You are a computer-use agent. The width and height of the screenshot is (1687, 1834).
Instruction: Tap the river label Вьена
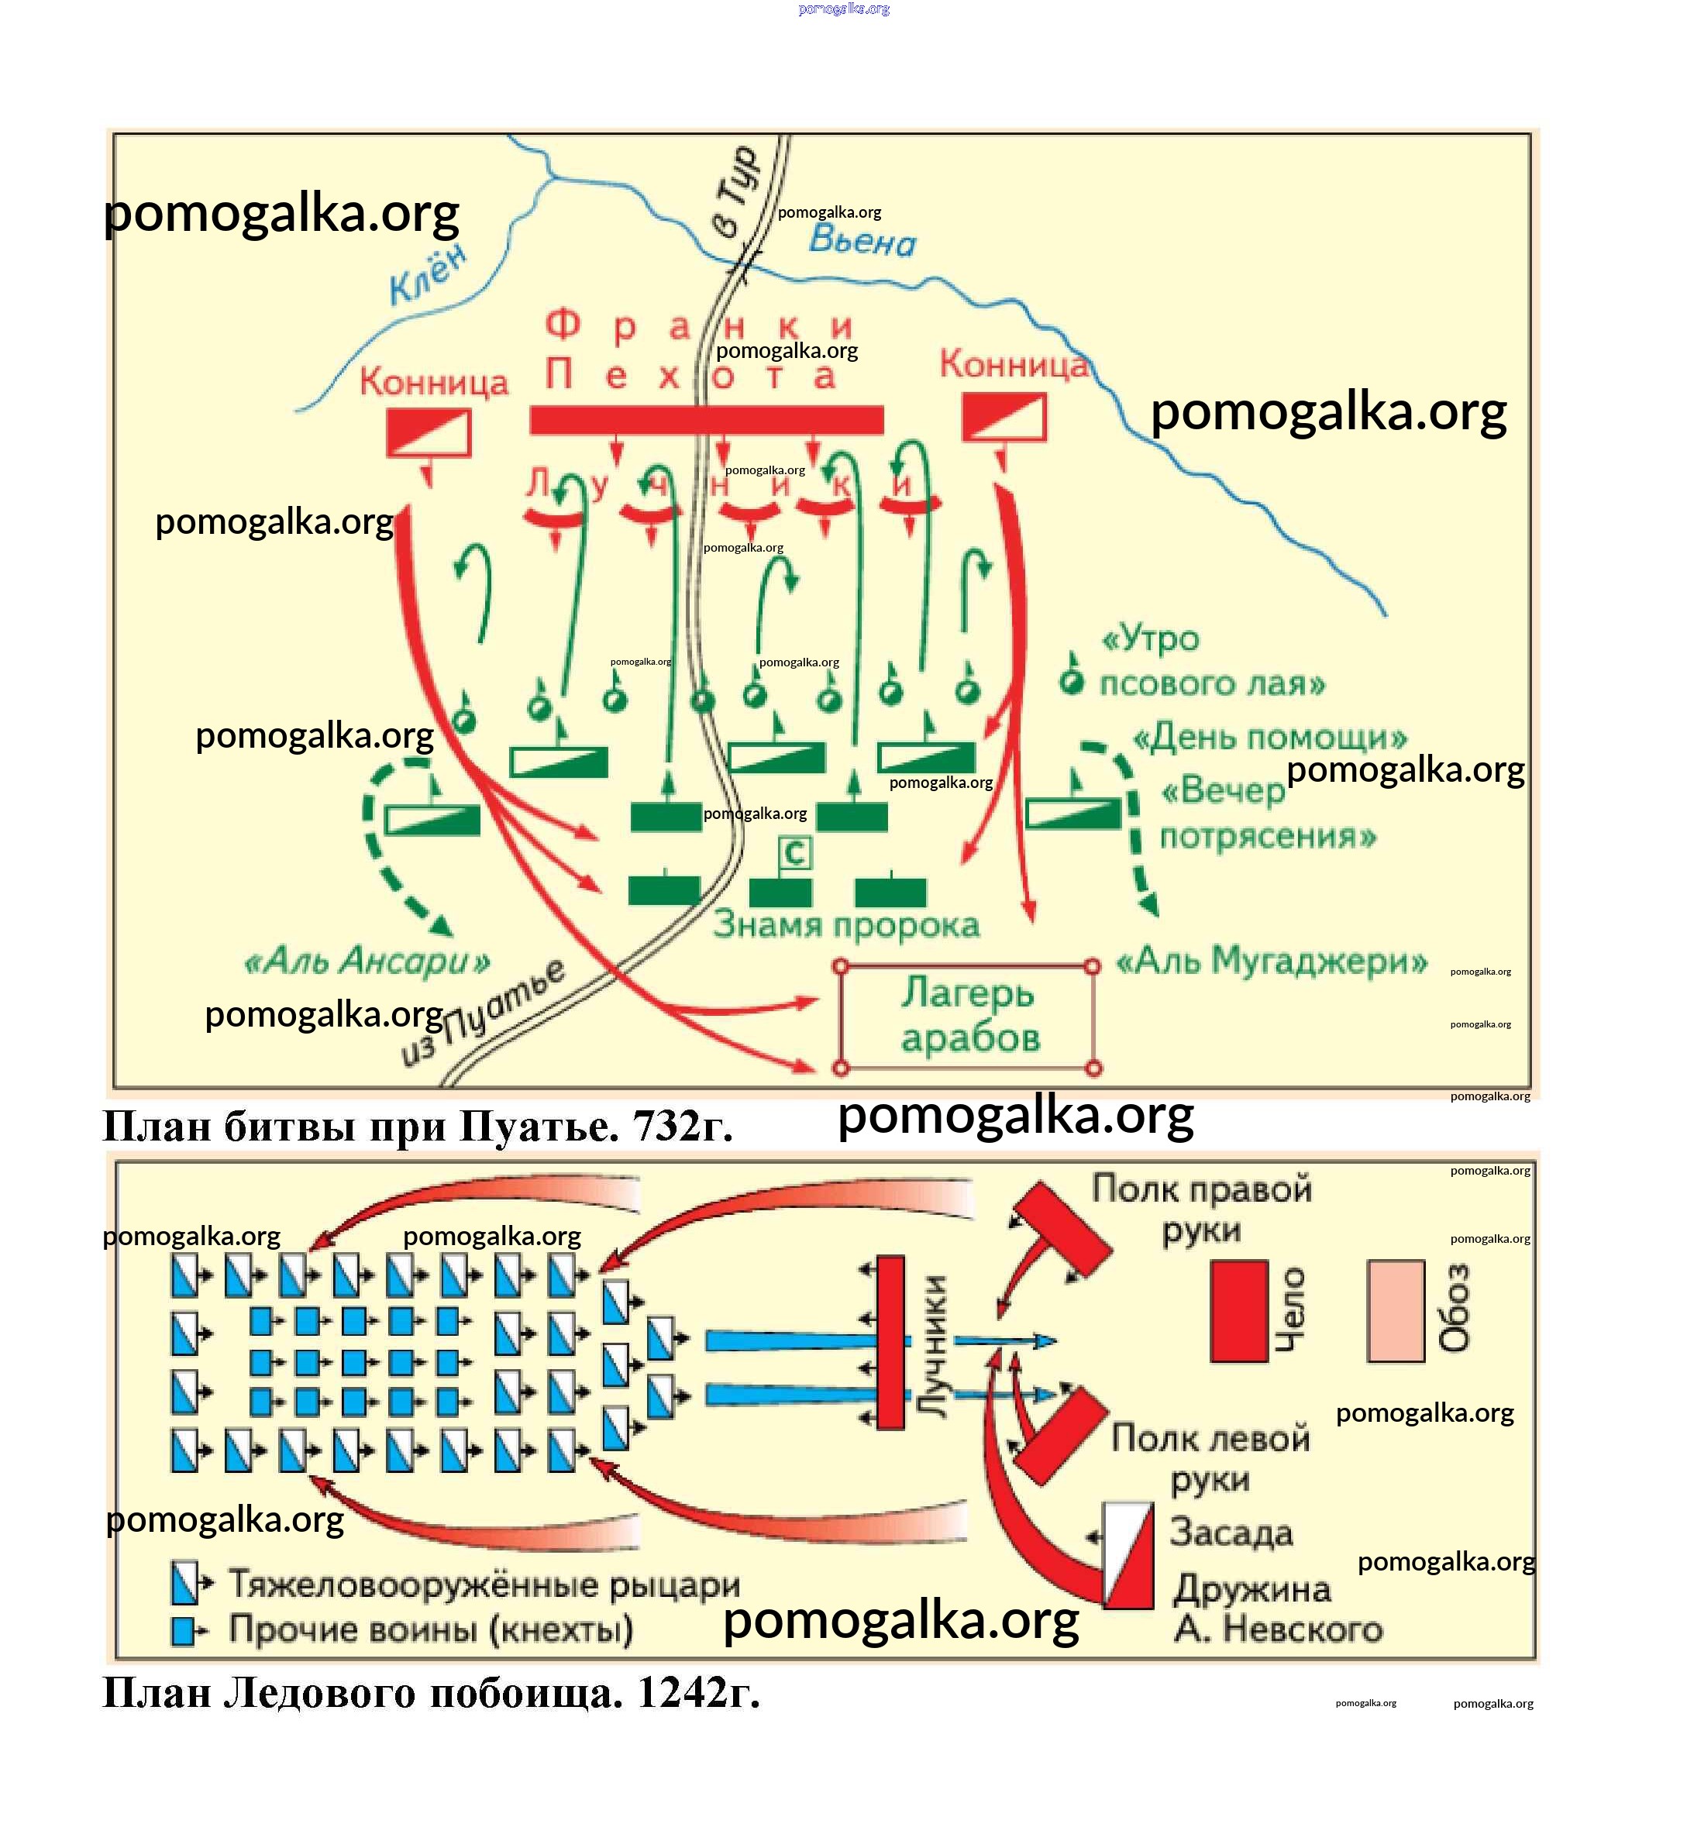point(862,240)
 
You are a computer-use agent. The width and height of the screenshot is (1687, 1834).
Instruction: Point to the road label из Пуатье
point(484,1013)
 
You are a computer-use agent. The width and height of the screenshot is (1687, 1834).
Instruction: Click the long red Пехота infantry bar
point(707,420)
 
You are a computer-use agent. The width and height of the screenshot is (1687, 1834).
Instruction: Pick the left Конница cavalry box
point(428,432)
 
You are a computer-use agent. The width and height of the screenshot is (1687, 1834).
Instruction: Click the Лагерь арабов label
point(969,1015)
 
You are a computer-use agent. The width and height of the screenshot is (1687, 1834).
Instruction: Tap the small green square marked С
point(794,852)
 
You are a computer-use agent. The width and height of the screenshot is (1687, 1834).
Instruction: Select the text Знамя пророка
point(845,925)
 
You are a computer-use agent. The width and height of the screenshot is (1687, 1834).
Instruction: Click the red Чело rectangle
point(1239,1311)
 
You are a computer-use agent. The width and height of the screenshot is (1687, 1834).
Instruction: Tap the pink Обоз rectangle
point(1395,1311)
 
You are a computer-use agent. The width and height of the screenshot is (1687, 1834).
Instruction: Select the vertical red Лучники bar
point(890,1342)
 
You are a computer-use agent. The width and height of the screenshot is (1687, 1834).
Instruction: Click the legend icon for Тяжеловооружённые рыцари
point(185,1584)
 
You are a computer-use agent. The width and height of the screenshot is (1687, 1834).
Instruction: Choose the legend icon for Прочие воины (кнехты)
point(184,1631)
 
